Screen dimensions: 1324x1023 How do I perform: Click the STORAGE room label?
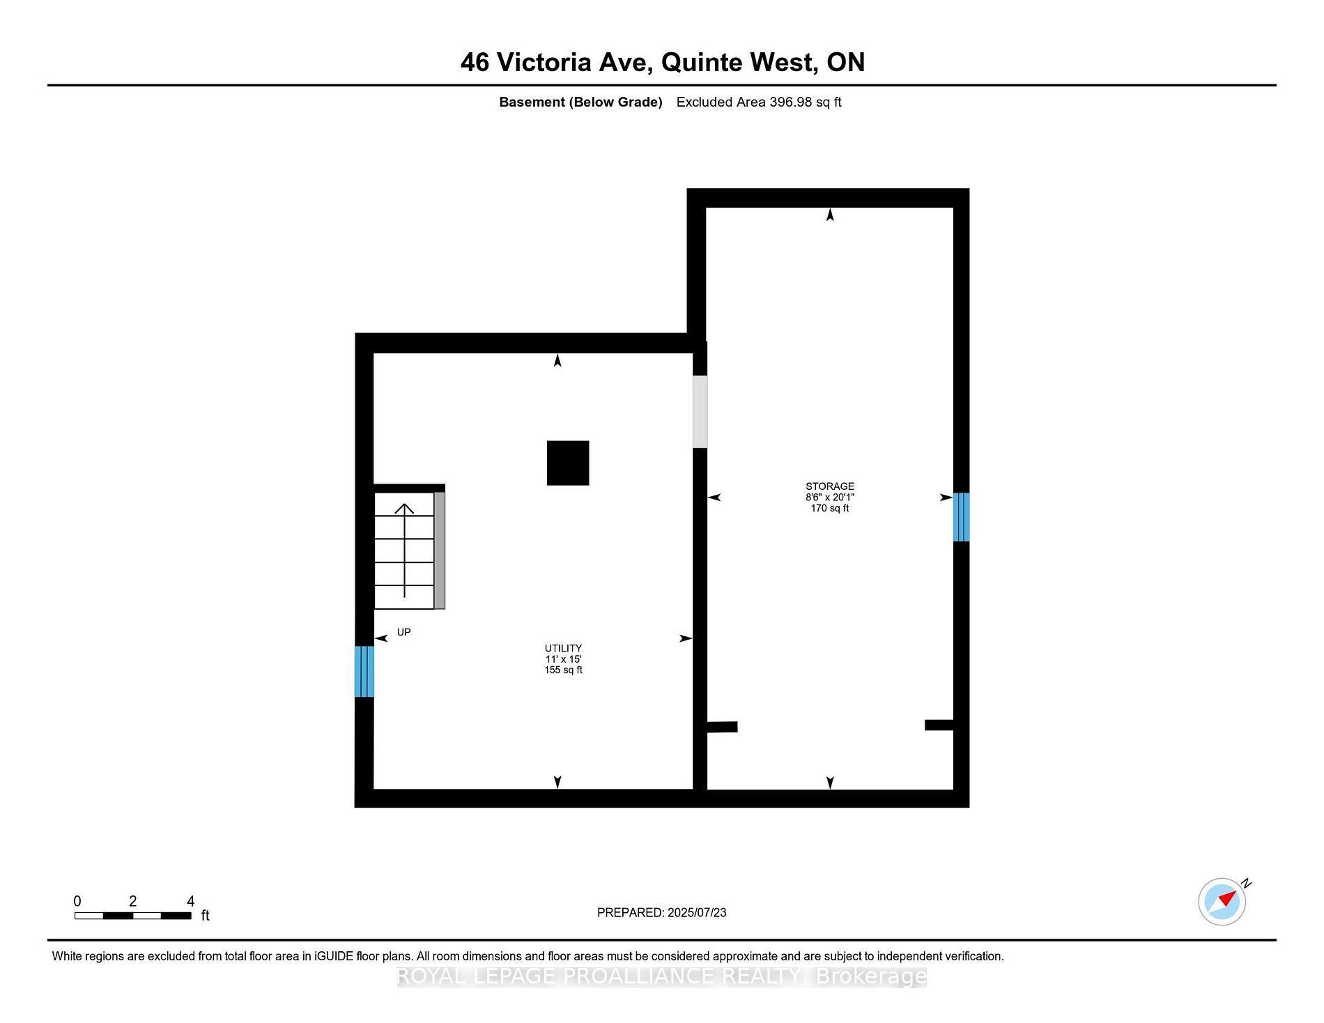(x=829, y=486)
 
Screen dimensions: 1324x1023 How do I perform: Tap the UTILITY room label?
(x=563, y=648)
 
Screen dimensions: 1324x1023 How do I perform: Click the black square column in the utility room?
(x=568, y=463)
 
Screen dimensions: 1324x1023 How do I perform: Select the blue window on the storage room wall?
(x=962, y=517)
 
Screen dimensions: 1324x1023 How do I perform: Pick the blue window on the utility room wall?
(x=364, y=672)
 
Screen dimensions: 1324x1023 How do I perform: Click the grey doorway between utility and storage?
(x=700, y=412)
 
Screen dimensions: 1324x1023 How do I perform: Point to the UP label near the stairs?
(x=404, y=632)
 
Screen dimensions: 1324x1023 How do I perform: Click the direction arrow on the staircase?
(x=404, y=551)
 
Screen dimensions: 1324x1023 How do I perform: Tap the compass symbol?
(x=1222, y=902)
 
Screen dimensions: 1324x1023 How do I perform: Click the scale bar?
(x=133, y=916)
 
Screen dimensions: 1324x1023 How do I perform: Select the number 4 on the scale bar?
(x=190, y=901)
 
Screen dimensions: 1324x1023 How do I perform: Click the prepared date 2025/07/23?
(x=697, y=912)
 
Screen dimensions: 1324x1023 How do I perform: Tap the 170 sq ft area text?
(x=830, y=508)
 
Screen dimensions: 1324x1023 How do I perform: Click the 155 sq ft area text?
(x=563, y=670)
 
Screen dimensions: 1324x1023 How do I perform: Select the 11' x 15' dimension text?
(x=563, y=659)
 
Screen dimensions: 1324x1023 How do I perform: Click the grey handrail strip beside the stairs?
(x=440, y=551)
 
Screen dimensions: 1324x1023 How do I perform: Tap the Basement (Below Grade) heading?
(x=580, y=102)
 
